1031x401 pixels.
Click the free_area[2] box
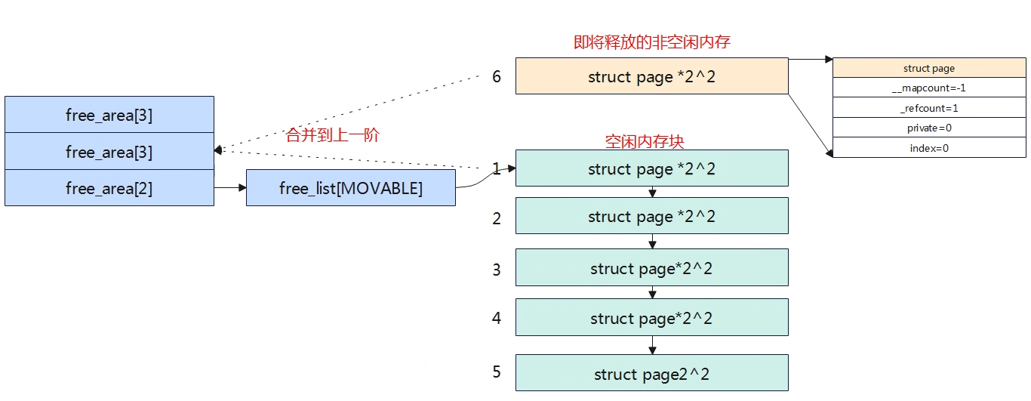coord(109,188)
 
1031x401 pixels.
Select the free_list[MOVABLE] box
coord(351,188)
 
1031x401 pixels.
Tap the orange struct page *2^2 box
coord(652,76)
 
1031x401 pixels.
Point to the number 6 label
coord(496,76)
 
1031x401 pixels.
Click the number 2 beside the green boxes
coord(496,218)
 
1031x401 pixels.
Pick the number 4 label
coord(496,318)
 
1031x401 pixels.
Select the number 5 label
coord(496,372)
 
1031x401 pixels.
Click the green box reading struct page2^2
coord(652,372)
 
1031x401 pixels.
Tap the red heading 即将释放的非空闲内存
coord(652,42)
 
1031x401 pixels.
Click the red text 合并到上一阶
coord(332,135)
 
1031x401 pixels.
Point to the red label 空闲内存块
coord(645,141)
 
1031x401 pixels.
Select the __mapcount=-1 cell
coord(929,88)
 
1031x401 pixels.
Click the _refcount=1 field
coord(929,108)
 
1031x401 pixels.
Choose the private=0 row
coord(929,128)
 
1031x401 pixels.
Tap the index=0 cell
coord(929,148)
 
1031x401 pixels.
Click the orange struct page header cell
coord(929,68)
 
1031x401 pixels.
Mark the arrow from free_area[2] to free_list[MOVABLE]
coord(230,187)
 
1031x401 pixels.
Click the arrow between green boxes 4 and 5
coord(652,345)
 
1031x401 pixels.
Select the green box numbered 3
coord(652,267)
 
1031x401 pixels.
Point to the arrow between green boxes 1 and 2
coord(652,192)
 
